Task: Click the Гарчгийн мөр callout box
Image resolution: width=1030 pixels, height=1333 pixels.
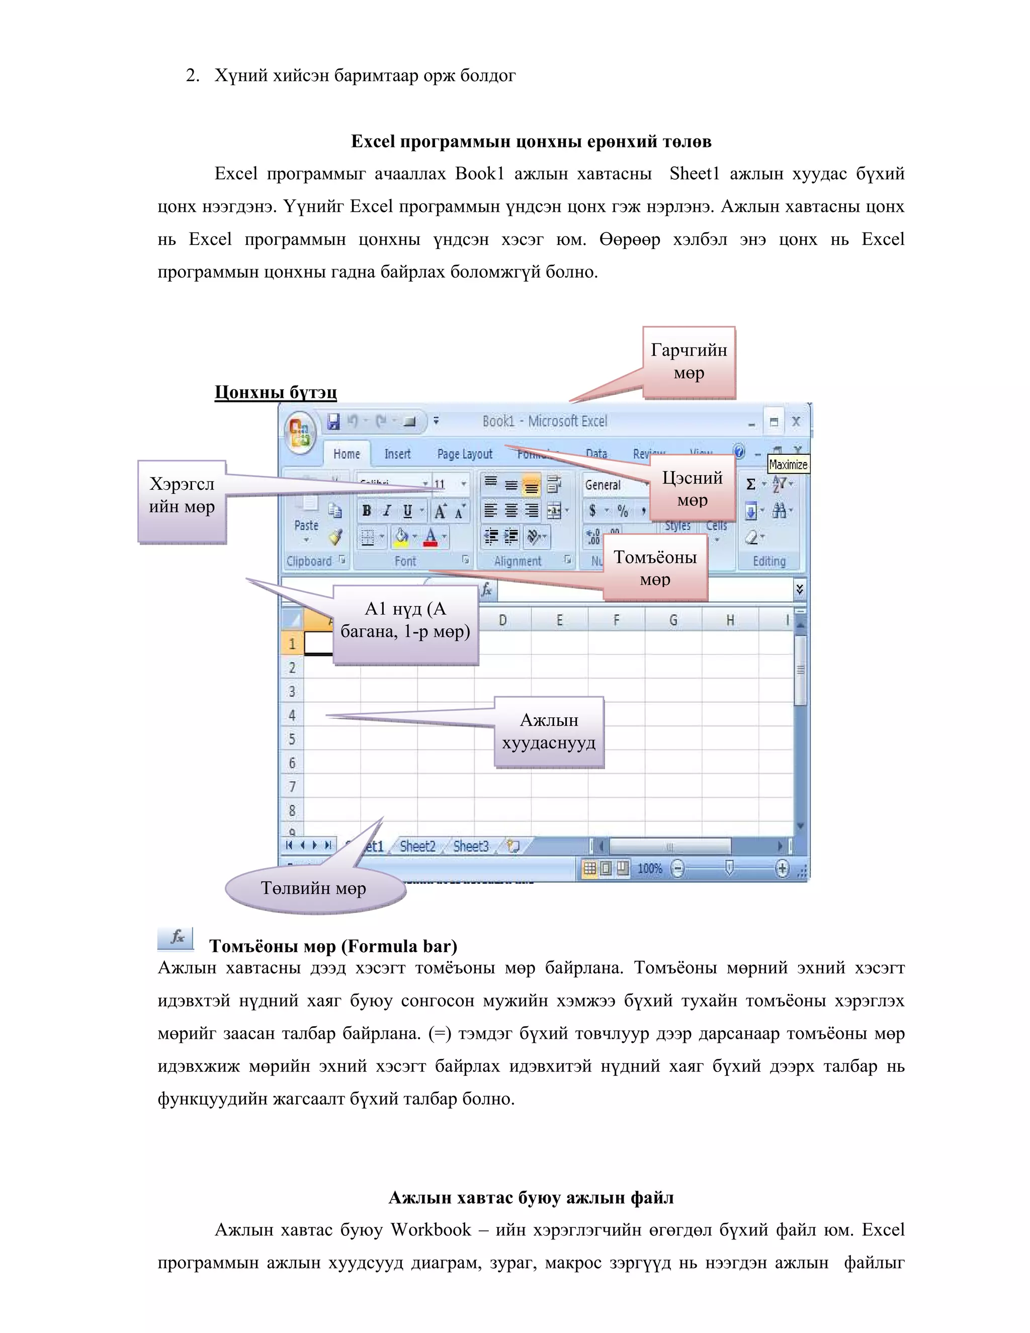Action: pos(689,362)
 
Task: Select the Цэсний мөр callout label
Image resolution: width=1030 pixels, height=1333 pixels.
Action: pos(692,488)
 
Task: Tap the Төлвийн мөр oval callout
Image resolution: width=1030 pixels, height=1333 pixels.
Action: pos(314,888)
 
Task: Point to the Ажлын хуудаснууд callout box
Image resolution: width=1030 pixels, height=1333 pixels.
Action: pos(549,732)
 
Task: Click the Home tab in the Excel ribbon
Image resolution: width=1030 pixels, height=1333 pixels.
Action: pos(347,454)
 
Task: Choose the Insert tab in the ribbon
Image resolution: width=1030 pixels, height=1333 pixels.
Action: pos(397,454)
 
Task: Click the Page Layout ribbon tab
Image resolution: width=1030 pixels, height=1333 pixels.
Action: pos(464,454)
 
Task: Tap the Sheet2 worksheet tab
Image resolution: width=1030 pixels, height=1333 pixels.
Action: pos(417,847)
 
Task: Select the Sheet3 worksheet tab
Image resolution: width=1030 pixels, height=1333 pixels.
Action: pos(470,847)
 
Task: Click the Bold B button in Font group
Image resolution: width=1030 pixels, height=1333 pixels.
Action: pos(367,511)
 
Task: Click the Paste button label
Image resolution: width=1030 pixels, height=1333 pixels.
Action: pos(306,526)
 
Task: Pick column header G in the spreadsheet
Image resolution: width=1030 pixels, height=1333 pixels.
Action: pos(673,621)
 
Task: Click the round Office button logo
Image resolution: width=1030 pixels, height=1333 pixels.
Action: pos(300,431)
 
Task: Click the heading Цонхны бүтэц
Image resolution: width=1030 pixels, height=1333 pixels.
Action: pos(275,392)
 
